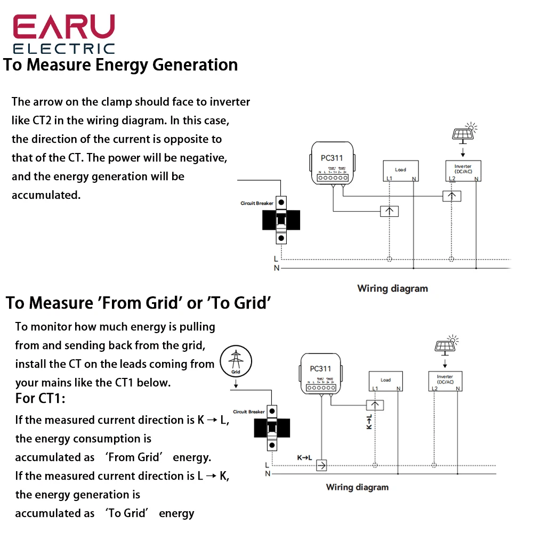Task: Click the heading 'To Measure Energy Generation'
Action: [x=120, y=65]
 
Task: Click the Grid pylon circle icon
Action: [x=235, y=360]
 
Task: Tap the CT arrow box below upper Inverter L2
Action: [x=452, y=196]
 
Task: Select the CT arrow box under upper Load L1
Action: [x=390, y=211]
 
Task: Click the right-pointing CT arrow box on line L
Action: [x=321, y=465]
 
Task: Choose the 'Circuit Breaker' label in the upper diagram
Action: [x=257, y=203]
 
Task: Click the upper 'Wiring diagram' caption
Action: [x=392, y=288]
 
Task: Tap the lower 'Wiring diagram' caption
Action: [x=357, y=487]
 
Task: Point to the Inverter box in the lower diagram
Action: [x=445, y=382]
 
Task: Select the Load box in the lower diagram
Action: [x=385, y=382]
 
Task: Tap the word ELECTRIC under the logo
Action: [x=63, y=49]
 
